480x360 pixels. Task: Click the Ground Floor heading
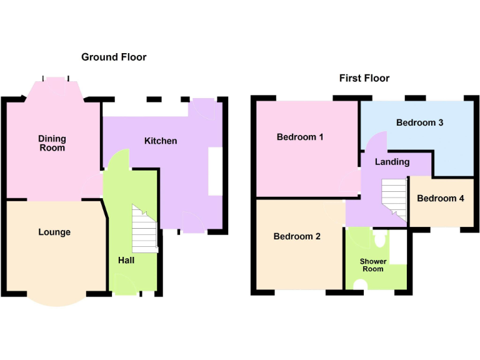114,57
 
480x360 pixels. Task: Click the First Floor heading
364,78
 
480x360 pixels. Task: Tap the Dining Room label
52,143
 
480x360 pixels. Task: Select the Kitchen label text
161,141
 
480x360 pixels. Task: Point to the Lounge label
54,232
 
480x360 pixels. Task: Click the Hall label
126,260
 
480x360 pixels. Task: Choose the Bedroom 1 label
300,137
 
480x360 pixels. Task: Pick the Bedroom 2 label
297,236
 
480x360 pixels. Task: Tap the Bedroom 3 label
419,122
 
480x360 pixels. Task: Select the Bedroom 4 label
441,198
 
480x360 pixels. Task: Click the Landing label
392,162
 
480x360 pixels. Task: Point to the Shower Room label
372,265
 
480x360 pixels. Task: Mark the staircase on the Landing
394,196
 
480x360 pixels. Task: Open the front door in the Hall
125,287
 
